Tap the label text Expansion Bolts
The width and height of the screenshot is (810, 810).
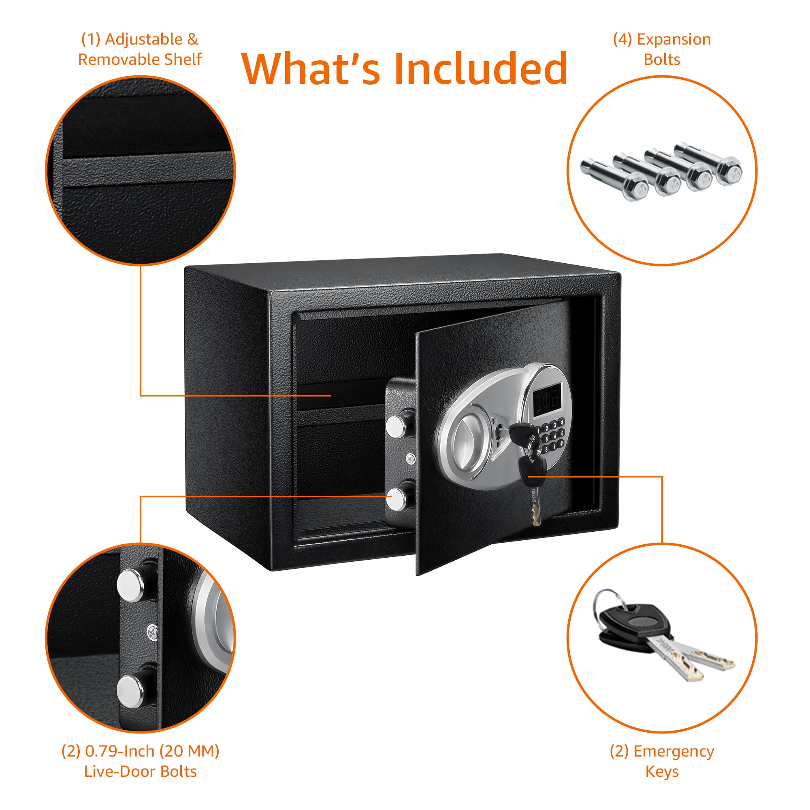[x=662, y=49]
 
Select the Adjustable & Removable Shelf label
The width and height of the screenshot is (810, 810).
[x=140, y=49]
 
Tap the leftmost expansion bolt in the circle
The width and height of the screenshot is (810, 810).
[x=615, y=179]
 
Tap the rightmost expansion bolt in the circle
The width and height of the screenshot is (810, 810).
[x=708, y=164]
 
